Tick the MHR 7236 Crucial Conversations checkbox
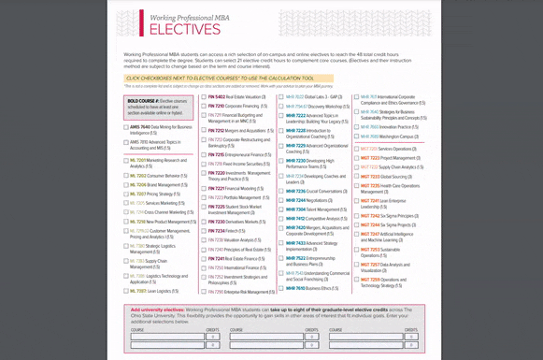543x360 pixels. coord(281,191)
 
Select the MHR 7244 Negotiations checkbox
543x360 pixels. coord(281,200)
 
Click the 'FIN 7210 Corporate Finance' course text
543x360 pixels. coord(235,106)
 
